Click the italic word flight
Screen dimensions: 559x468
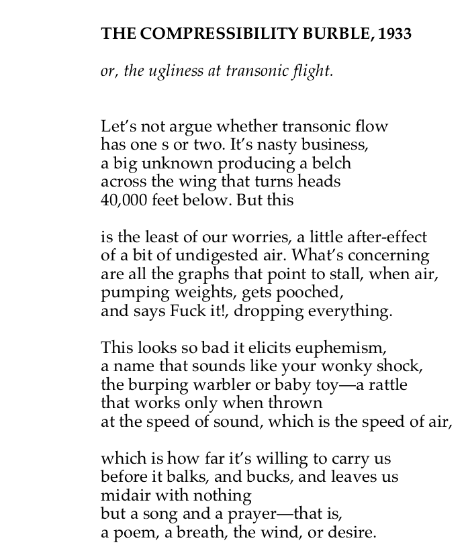pos(312,71)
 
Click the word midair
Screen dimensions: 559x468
pos(123,496)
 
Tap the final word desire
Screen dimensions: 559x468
pos(353,533)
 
